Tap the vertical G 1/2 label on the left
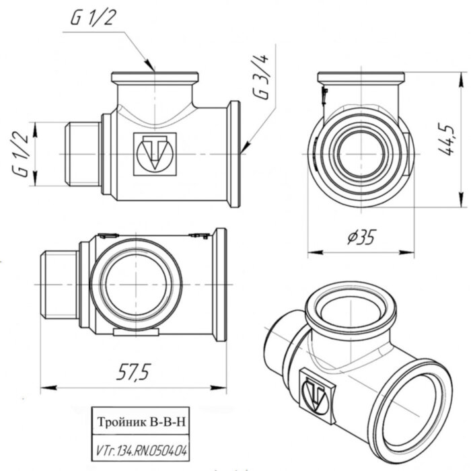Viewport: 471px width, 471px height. tap(22, 154)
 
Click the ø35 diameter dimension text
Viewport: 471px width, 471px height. tap(361, 238)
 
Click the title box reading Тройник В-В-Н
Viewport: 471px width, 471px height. tap(141, 423)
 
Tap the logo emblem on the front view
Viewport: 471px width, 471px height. tap(155, 154)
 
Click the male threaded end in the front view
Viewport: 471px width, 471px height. tap(81, 154)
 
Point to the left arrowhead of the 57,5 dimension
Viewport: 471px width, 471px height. tap(44, 387)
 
